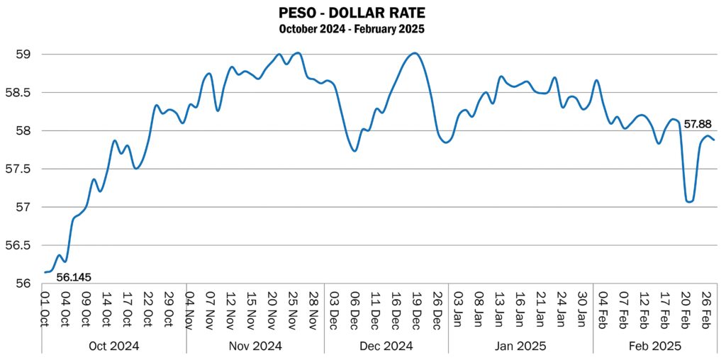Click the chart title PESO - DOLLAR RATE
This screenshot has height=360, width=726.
click(x=352, y=13)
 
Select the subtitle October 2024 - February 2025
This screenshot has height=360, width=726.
click(x=352, y=29)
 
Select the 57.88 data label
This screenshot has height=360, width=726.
click(x=698, y=125)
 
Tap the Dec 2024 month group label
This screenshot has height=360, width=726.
click(x=386, y=347)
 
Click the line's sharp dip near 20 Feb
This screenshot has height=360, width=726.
click(x=688, y=201)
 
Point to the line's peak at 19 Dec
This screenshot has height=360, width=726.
click(x=415, y=53)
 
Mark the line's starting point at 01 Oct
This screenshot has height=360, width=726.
click(x=45, y=272)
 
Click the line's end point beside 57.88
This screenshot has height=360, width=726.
click(x=713, y=140)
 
